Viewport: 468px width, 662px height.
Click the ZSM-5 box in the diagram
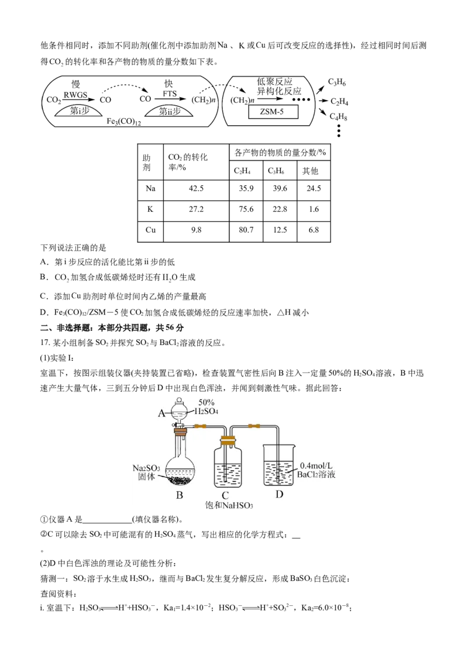click(x=273, y=112)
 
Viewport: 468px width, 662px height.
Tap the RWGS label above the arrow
click(x=75, y=95)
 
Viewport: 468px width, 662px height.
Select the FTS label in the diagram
click(x=170, y=94)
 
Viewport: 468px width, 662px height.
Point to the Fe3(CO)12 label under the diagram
click(x=123, y=122)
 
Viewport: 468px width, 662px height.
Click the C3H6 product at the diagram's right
click(x=337, y=82)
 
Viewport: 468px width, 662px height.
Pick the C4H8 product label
click(x=338, y=116)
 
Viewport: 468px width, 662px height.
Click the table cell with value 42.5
click(x=196, y=188)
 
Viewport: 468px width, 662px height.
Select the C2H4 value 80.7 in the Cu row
click(x=246, y=230)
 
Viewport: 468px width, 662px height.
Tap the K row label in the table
click(x=150, y=209)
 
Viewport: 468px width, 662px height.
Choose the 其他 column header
click(x=310, y=171)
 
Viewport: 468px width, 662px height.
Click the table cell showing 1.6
click(x=314, y=209)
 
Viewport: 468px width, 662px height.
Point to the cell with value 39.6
click(x=280, y=188)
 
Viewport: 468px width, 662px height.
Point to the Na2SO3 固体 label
click(x=146, y=473)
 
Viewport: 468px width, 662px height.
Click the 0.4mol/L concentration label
click(x=316, y=466)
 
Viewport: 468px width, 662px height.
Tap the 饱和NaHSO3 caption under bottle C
click(x=229, y=505)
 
